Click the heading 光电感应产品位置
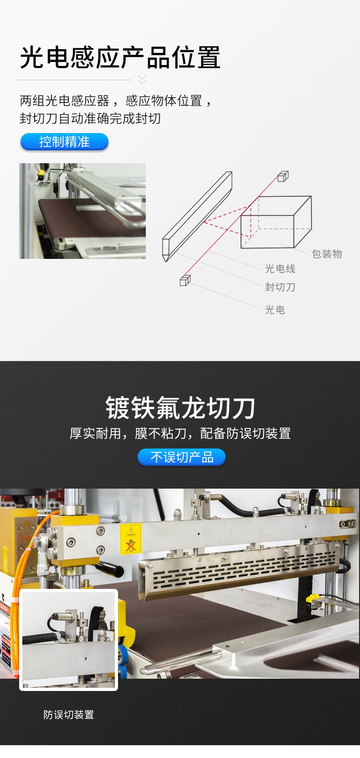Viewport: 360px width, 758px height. click(x=120, y=57)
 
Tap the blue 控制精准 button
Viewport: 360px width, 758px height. click(x=64, y=142)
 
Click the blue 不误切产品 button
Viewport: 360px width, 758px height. click(x=181, y=457)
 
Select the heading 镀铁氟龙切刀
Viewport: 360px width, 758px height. click(x=180, y=408)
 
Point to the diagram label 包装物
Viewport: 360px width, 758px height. click(x=326, y=253)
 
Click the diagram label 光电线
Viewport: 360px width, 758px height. click(x=280, y=268)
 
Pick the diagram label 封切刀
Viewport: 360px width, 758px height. click(x=280, y=287)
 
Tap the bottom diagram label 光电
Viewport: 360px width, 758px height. click(x=275, y=309)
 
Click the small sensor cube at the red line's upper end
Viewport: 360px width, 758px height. click(x=283, y=176)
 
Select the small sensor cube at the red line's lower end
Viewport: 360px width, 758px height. click(x=185, y=280)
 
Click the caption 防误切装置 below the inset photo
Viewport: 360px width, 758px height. click(x=69, y=714)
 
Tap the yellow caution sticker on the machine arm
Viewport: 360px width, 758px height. click(x=131, y=539)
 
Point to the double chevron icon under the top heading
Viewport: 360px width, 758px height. click(x=142, y=79)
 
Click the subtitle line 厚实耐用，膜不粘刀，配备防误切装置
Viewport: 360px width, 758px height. click(x=180, y=433)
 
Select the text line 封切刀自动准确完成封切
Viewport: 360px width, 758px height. click(x=90, y=119)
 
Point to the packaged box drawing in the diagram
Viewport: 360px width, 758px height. click(x=276, y=222)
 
